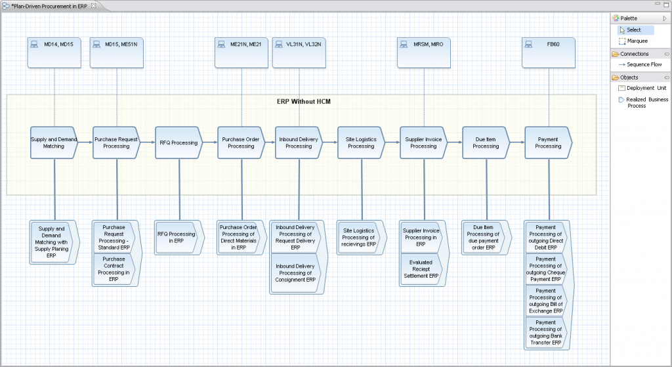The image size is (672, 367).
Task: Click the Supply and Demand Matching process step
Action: pos(54,142)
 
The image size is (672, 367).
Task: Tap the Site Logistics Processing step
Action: pos(361,142)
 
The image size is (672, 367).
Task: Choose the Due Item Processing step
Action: pos(486,142)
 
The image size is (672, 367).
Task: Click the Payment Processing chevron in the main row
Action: pos(548,142)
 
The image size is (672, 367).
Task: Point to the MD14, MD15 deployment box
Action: pos(54,52)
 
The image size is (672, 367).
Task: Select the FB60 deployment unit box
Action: pos(549,52)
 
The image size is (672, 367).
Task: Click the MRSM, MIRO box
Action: pos(424,52)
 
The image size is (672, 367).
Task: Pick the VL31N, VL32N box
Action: pos(299,52)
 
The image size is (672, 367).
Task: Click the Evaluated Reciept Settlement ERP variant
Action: pos(421,269)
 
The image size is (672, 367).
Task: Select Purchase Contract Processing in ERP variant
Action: pos(114,269)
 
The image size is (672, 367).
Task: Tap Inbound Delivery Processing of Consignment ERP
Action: pos(295,272)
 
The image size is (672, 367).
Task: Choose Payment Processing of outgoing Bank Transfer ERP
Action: pos(545,333)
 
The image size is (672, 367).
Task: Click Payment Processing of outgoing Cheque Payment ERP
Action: pos(545,269)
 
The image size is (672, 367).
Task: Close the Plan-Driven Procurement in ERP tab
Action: pos(93,5)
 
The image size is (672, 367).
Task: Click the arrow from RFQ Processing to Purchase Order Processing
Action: pos(209,142)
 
